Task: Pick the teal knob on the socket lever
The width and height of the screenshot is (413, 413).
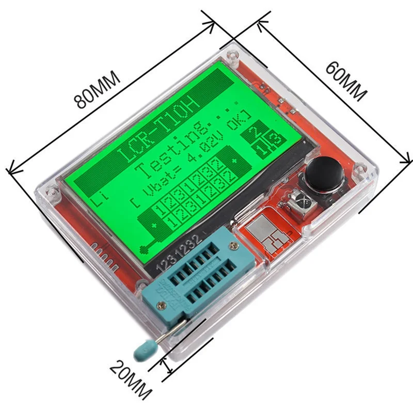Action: [144, 352]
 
